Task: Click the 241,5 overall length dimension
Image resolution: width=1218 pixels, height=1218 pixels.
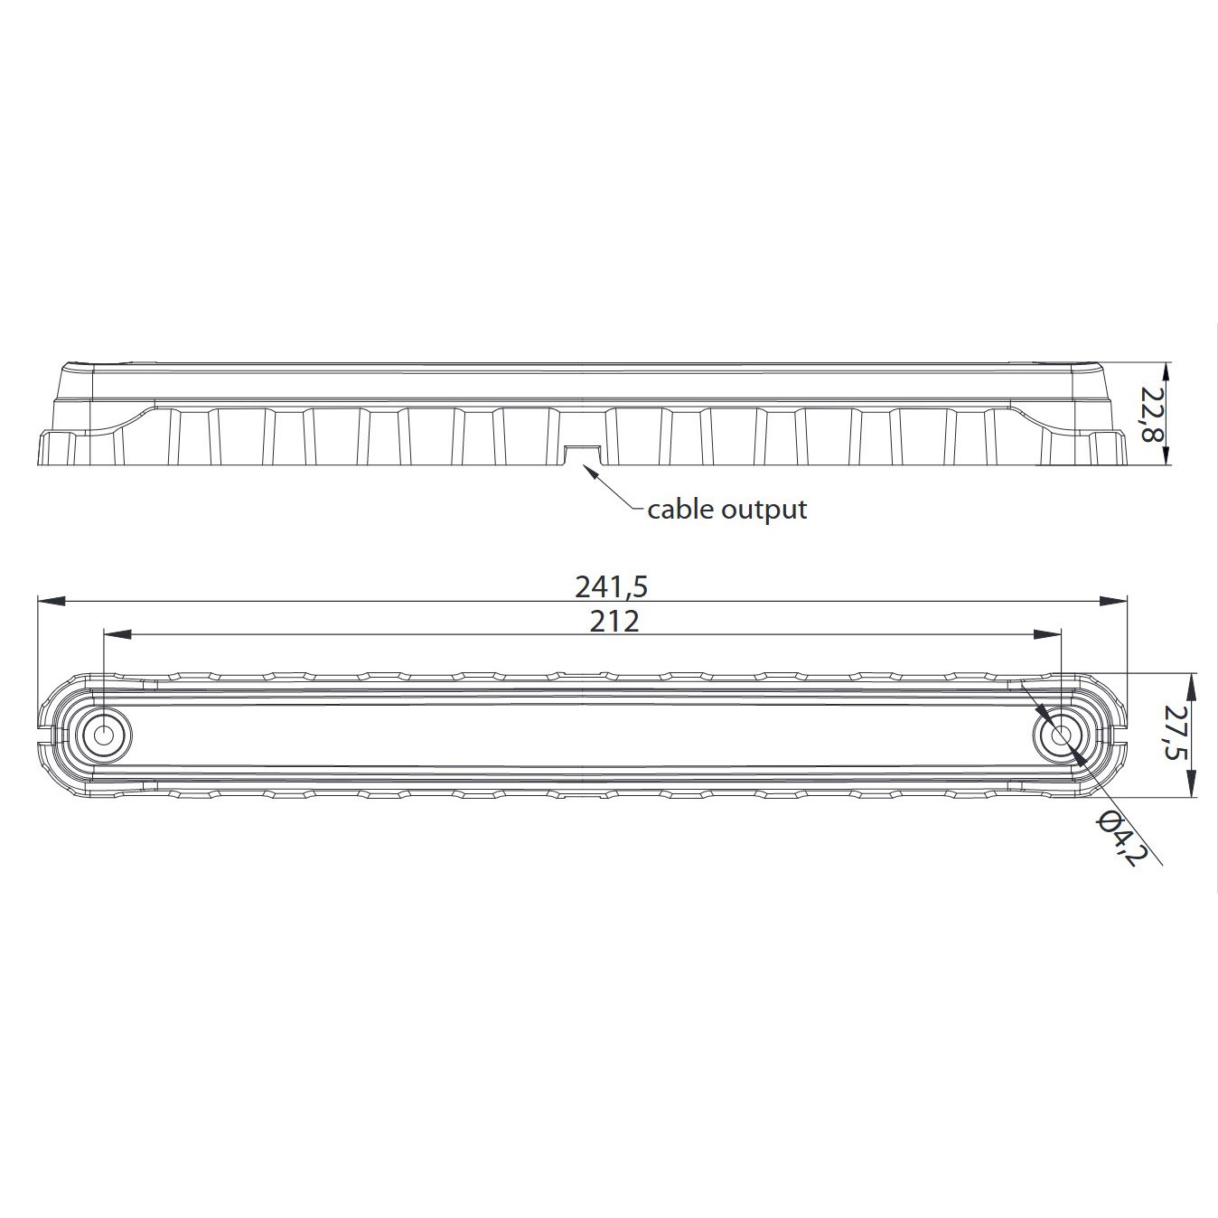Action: pyautogui.click(x=611, y=587)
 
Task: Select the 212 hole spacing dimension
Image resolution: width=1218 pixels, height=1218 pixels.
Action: pyautogui.click(x=614, y=622)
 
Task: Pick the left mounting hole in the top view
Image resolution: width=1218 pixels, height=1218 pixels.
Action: pyautogui.click(x=104, y=735)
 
